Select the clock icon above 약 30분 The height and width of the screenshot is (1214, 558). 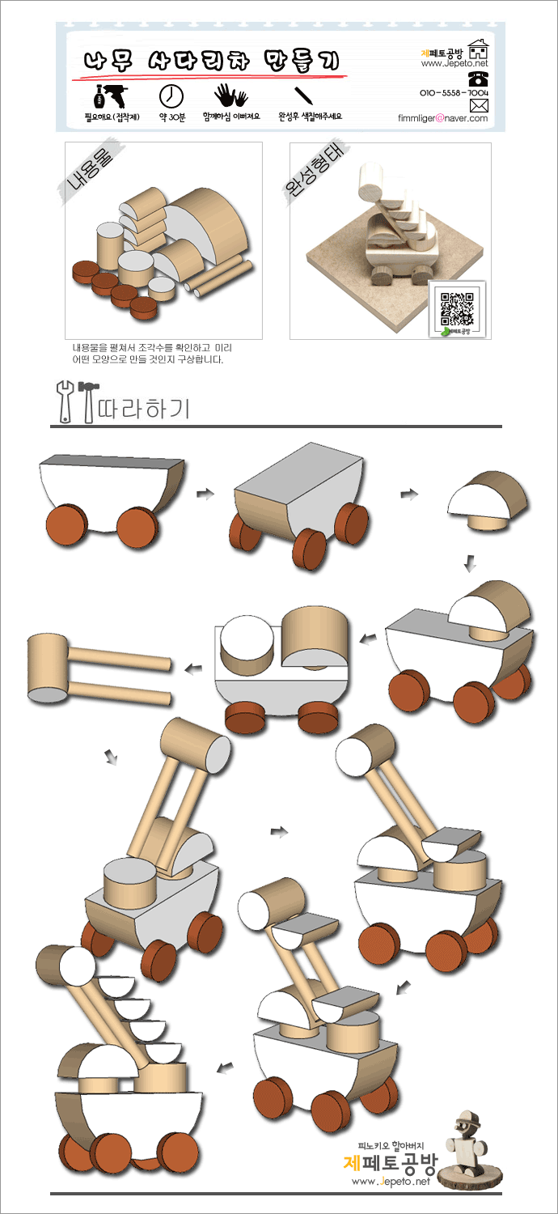(x=171, y=96)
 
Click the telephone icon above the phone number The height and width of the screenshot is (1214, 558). (x=479, y=79)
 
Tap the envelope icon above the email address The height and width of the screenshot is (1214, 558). (x=479, y=105)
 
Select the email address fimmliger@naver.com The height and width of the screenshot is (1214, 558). (x=442, y=118)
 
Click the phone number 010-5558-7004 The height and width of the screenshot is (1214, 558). (x=454, y=93)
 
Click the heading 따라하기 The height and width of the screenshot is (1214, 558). (x=144, y=409)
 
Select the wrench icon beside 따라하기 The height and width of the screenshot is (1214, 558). (x=65, y=401)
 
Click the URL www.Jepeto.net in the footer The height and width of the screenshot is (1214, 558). (x=391, y=1181)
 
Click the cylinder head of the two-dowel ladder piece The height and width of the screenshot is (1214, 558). (x=49, y=669)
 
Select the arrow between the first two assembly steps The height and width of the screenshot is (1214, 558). (x=205, y=493)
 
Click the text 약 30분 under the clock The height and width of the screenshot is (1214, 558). (x=171, y=117)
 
